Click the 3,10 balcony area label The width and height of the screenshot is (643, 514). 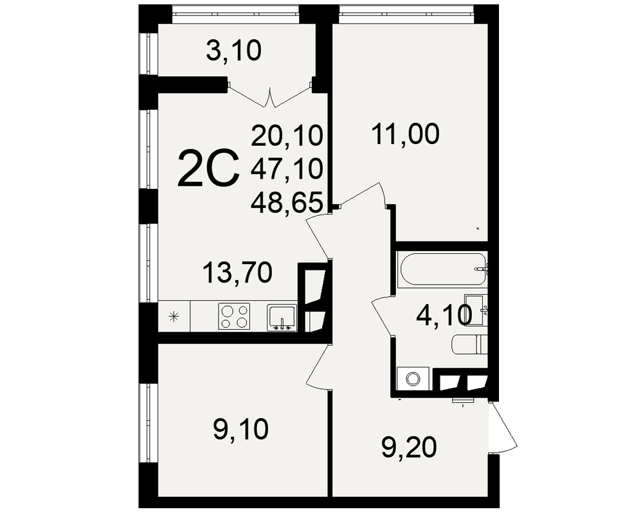click(234, 51)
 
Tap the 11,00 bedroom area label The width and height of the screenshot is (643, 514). click(406, 134)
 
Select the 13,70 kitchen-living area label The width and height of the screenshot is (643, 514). click(237, 272)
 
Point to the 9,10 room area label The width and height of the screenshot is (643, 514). click(241, 429)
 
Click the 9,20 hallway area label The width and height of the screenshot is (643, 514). click(409, 447)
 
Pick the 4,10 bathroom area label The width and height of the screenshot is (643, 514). click(444, 316)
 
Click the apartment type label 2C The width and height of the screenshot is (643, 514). click(208, 168)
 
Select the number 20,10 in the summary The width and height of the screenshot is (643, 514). click(287, 136)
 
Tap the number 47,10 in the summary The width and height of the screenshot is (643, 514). click(287, 169)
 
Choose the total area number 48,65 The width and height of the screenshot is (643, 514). click(287, 202)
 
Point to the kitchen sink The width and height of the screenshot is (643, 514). click(282, 317)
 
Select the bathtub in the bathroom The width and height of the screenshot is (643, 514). click(442, 269)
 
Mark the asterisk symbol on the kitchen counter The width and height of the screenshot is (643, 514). click(174, 317)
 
